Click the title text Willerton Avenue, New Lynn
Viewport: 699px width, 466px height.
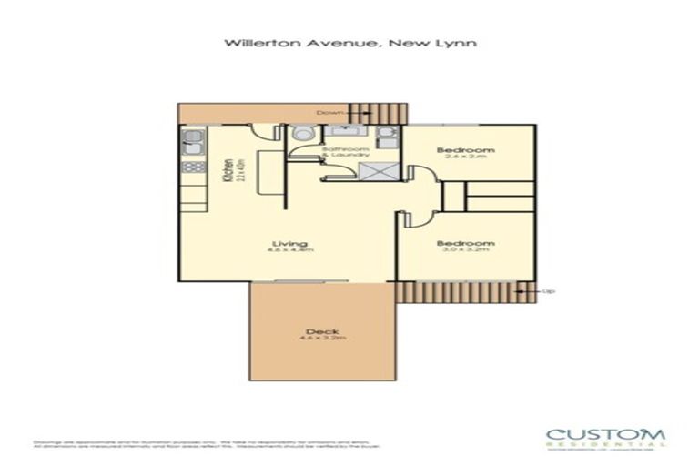click(349, 42)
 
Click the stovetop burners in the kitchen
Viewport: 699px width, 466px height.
click(192, 167)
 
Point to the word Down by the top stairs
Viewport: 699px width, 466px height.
click(329, 113)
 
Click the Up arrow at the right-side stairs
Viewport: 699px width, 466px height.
click(522, 291)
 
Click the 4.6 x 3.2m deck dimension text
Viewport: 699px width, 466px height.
click(317, 339)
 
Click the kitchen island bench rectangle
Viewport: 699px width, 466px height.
click(266, 171)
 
